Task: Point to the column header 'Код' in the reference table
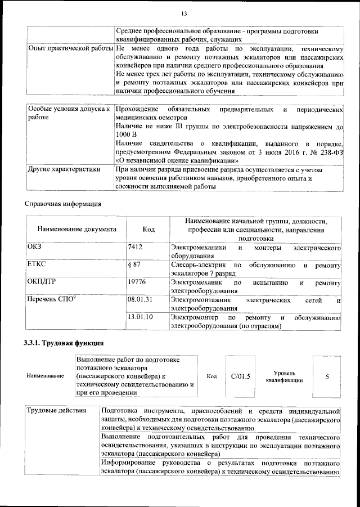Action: (148, 230)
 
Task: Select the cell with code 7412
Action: (135, 248)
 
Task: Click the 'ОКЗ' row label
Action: (35, 248)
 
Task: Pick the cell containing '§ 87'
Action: (134, 264)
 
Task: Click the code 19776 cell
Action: (137, 281)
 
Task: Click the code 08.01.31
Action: (140, 299)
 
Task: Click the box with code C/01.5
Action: (241, 376)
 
